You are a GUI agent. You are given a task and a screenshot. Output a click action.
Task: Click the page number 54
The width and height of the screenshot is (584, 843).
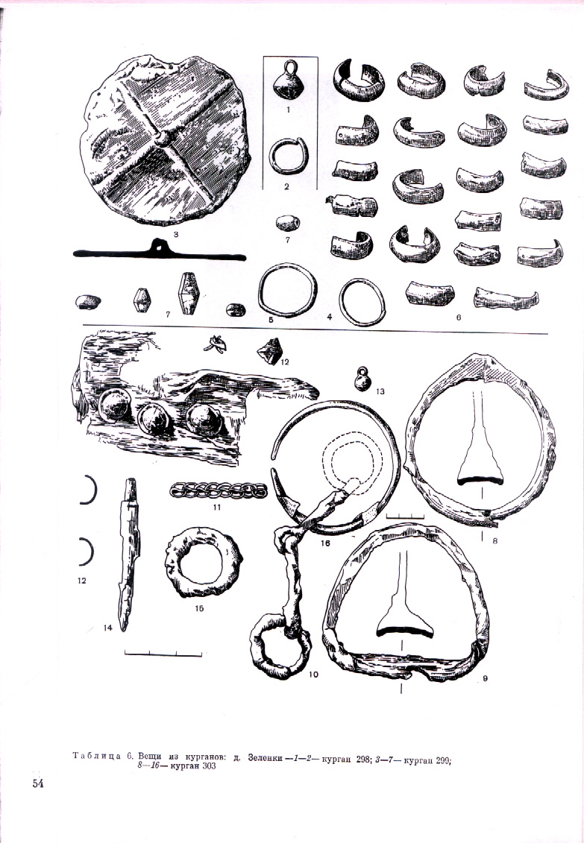37,783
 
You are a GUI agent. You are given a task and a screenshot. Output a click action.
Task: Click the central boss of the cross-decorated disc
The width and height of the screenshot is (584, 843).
162,138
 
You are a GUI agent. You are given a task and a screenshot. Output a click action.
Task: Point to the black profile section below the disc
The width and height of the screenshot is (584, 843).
160,251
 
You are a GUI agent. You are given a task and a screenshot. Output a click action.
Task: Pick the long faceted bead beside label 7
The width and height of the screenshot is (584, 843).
188,293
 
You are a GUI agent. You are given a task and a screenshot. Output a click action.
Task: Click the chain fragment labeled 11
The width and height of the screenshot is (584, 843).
219,490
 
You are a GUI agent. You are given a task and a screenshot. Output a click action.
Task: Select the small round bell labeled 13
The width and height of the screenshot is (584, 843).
363,379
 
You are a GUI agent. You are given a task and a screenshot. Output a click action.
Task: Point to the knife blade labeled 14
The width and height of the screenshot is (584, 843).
129,554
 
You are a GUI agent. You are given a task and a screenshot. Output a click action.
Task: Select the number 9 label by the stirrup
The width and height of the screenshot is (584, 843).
485,678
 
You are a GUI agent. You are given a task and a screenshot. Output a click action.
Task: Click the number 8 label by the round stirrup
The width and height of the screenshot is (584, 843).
495,540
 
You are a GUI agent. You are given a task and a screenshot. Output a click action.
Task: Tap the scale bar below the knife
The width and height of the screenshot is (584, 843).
163,653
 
